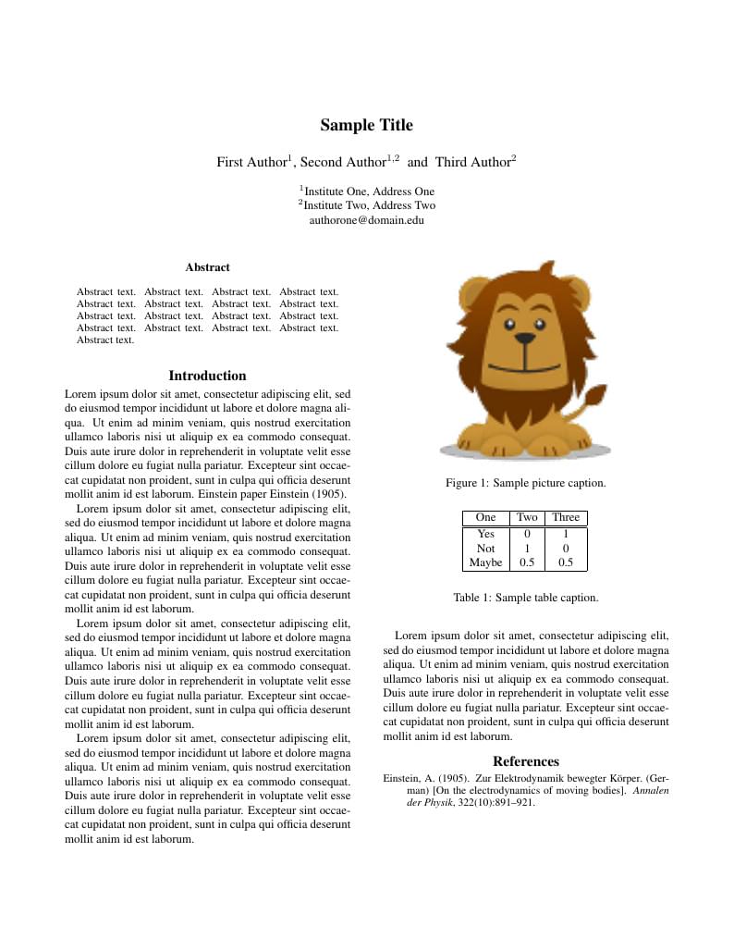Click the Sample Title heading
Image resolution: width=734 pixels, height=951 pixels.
click(367, 126)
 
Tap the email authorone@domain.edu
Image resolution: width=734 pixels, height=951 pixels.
click(367, 221)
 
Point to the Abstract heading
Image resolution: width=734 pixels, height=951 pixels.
click(207, 267)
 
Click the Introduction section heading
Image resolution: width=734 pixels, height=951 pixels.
click(207, 376)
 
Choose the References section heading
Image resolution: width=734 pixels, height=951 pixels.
click(525, 761)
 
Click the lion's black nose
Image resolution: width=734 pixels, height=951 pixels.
click(525, 340)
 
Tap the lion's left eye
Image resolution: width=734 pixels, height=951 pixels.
click(508, 324)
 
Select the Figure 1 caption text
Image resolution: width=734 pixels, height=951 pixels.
click(525, 483)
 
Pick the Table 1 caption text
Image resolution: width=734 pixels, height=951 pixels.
click(525, 598)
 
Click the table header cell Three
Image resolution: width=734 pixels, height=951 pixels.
click(566, 518)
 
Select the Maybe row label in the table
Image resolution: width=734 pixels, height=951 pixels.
click(485, 562)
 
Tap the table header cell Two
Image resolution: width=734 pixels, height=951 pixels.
click(527, 518)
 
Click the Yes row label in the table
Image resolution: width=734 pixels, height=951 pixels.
click(485, 534)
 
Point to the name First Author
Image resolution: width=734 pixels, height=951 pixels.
click(251, 163)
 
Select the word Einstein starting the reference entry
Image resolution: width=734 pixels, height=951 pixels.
click(402, 779)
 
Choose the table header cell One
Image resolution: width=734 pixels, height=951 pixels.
click(485, 518)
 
